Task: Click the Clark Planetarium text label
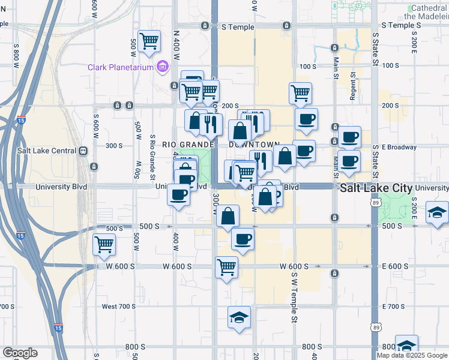click(x=121, y=67)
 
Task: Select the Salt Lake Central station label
click(x=47, y=151)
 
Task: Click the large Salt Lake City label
click(x=376, y=188)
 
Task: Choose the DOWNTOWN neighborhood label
click(x=255, y=145)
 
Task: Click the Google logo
click(x=20, y=353)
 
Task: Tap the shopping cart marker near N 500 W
click(x=149, y=41)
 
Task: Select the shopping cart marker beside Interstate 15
click(x=104, y=245)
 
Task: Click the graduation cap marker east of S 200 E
click(x=436, y=212)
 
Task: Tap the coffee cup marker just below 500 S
click(x=243, y=239)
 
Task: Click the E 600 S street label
click(x=396, y=266)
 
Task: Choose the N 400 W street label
click(x=176, y=45)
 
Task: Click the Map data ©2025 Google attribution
click(x=412, y=355)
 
